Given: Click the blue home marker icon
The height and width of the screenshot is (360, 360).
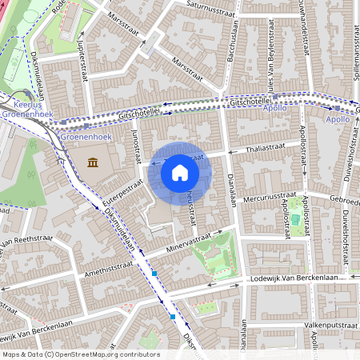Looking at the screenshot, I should click(180, 171).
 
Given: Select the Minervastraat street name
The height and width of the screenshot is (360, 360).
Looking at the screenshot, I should click(193, 242).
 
